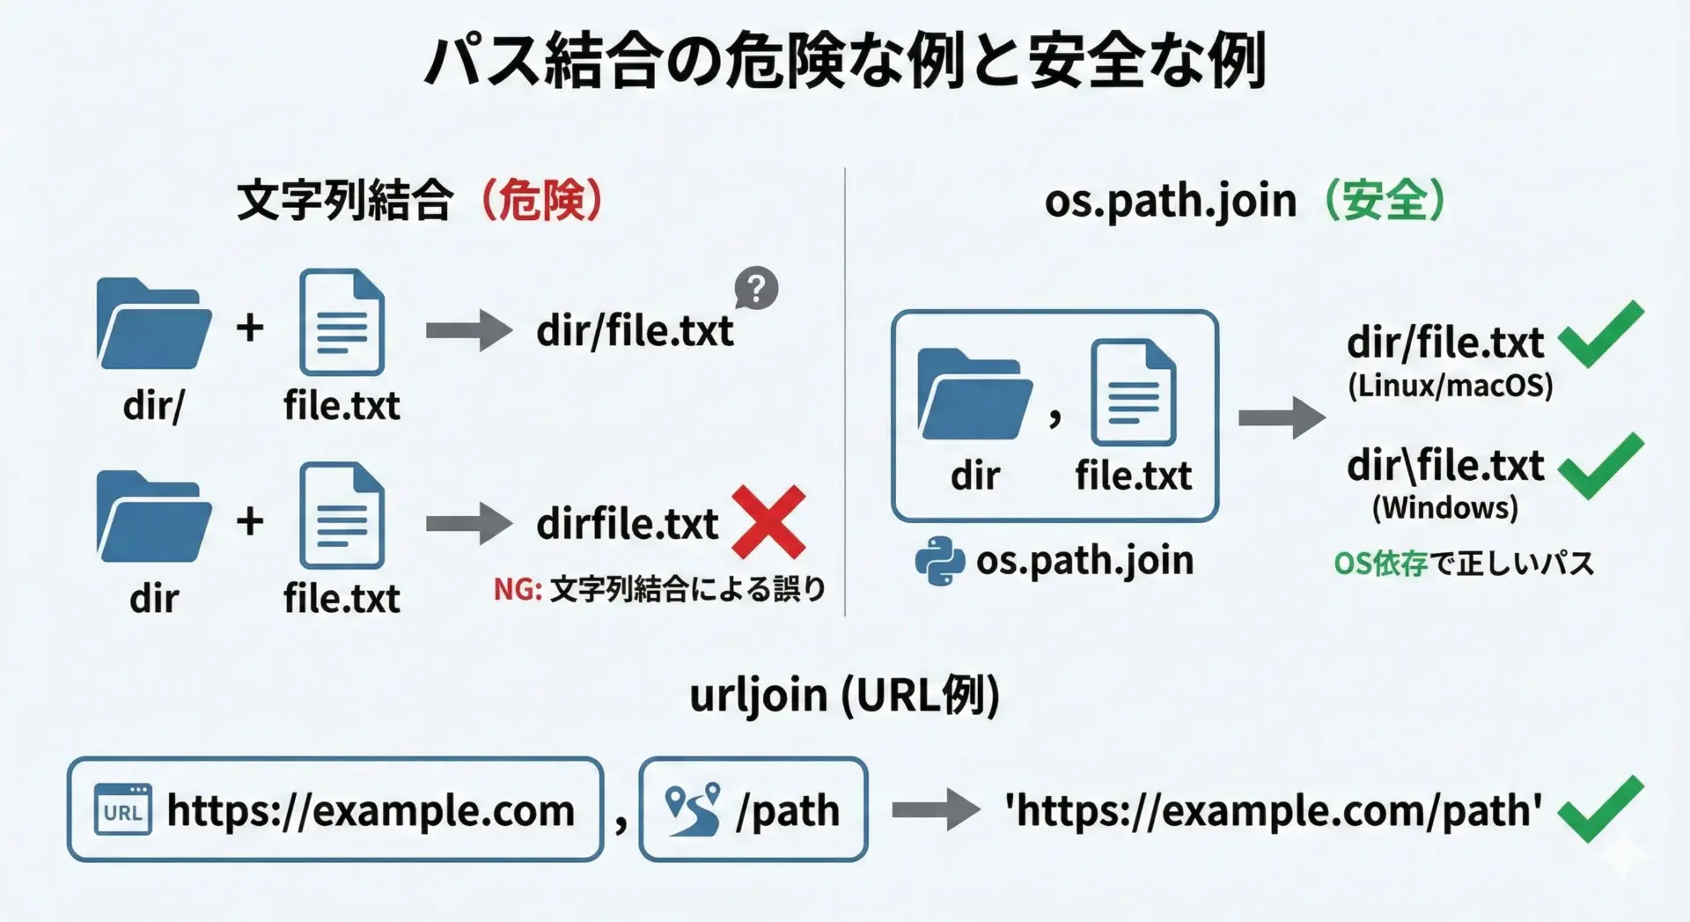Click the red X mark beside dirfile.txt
768,522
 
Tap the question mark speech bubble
756,288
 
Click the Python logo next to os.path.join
939,561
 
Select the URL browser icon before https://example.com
122,809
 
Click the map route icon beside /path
693,809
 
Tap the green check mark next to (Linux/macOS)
1600,334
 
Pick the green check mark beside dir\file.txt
1600,466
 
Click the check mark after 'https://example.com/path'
1600,808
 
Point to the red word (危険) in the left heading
542,201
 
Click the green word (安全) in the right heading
1385,201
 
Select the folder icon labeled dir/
153,324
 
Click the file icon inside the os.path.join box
1133,393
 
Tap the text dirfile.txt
628,524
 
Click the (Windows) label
1445,508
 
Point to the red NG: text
517,589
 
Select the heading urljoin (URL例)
844,696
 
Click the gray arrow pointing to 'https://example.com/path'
936,809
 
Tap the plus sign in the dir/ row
250,328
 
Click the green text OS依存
1379,564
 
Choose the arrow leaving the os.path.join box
1281,417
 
